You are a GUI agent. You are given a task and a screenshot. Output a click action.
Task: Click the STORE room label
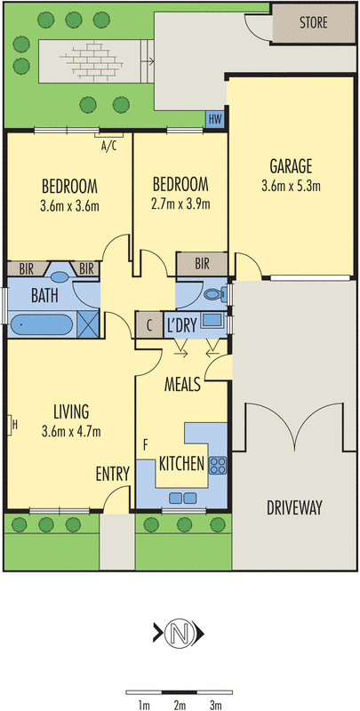pyautogui.click(x=313, y=22)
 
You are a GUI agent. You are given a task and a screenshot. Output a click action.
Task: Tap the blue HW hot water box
pyautogui.click(x=215, y=120)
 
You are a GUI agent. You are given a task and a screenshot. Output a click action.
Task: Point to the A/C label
pyautogui.click(x=107, y=146)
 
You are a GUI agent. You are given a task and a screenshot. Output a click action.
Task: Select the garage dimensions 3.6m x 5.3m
pyautogui.click(x=291, y=186)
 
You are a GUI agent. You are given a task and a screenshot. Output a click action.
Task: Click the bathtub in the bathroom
pyautogui.click(x=41, y=324)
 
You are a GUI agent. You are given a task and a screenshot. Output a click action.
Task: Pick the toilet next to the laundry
pyautogui.click(x=215, y=295)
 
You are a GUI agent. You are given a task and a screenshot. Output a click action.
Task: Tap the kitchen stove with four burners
pyautogui.click(x=218, y=465)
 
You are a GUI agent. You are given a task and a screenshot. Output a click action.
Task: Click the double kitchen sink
pyautogui.click(x=183, y=499)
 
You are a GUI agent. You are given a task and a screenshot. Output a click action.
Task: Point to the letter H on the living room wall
pyautogui.click(x=15, y=425)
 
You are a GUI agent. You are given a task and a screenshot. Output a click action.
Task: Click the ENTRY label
pyautogui.click(x=112, y=474)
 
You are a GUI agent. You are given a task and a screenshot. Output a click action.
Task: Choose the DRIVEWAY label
pyautogui.click(x=294, y=507)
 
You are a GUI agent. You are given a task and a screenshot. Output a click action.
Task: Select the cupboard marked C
pyautogui.click(x=149, y=325)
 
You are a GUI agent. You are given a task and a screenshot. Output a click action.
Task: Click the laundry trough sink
pyautogui.click(x=212, y=320)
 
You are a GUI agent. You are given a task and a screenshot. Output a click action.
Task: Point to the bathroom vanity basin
pyautogui.click(x=59, y=277)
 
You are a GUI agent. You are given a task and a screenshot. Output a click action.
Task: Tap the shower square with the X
pyautogui.click(x=88, y=324)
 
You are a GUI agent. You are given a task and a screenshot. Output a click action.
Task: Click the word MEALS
pyautogui.click(x=182, y=386)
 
